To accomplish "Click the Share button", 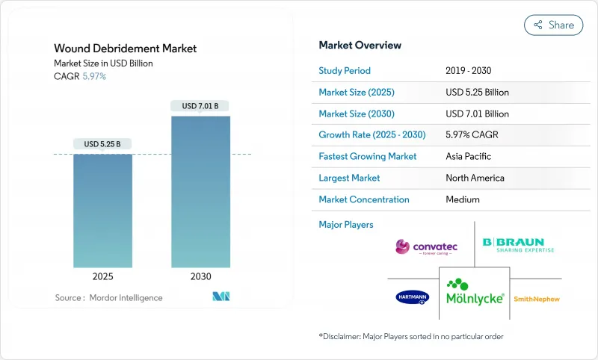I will (554, 25).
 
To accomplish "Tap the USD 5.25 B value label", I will (102, 144).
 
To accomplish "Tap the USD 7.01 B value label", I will (200, 106).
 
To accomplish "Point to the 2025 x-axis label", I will (102, 276).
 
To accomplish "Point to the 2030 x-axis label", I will (200, 276).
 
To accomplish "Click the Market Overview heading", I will (360, 46).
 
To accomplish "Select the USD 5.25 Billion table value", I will (476, 93).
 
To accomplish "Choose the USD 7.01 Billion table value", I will (476, 114).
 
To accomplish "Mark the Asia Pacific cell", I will (468, 157).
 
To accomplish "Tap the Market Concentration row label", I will (364, 200).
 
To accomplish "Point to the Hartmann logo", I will (413, 297).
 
